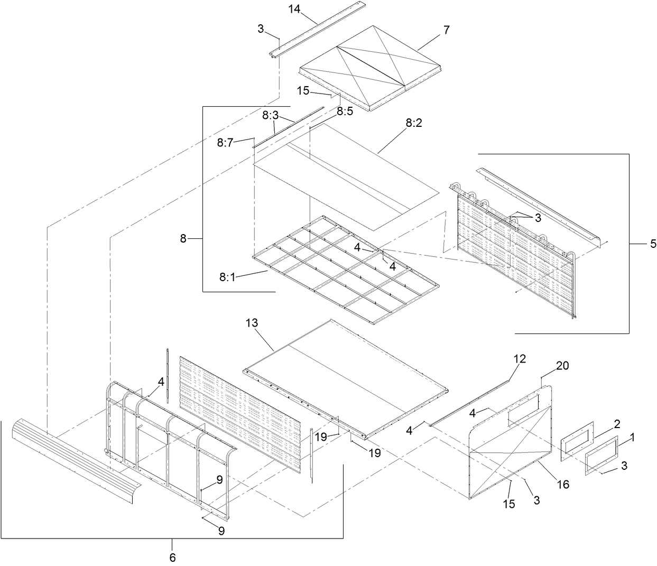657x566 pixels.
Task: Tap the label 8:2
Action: [414, 123]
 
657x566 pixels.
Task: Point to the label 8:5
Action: [345, 112]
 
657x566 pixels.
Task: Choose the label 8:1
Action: [227, 276]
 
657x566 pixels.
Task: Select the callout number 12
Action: [520, 359]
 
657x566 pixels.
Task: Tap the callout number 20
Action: [562, 366]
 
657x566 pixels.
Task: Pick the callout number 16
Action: [563, 483]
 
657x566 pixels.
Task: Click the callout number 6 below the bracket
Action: [172, 556]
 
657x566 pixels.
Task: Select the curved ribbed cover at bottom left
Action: [74, 460]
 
